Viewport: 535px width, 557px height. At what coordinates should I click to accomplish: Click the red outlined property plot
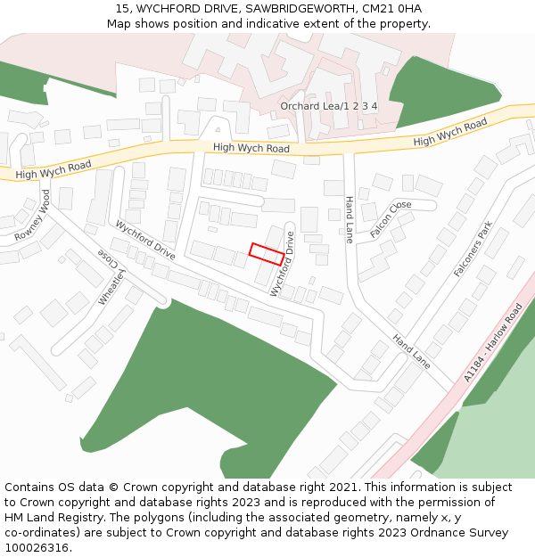267,253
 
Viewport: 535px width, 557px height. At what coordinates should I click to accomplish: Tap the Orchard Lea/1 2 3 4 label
328,106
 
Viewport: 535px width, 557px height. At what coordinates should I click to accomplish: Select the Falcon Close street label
390,217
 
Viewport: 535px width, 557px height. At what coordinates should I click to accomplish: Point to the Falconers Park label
473,250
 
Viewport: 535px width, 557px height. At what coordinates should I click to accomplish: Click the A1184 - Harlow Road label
493,343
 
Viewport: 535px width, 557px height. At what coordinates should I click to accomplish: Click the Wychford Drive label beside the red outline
283,264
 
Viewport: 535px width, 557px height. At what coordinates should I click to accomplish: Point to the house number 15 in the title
122,9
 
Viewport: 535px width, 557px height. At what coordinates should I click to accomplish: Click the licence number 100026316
35,548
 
